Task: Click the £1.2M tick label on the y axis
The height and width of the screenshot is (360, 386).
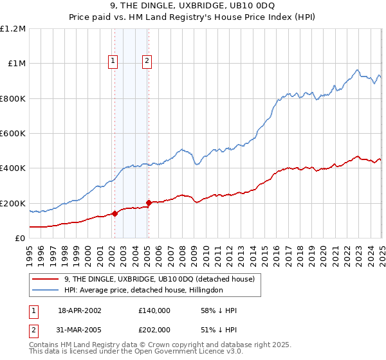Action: [13, 28]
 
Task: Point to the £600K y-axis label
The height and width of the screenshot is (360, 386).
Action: [13, 134]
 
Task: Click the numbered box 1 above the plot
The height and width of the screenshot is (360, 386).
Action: [113, 61]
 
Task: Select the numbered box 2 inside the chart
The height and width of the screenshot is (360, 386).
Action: [147, 61]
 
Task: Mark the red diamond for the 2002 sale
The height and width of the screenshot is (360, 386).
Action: [115, 214]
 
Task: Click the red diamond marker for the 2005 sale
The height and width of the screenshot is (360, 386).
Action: [149, 203]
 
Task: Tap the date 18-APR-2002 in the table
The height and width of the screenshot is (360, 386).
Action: [80, 310]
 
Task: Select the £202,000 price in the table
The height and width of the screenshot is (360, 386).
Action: [154, 329]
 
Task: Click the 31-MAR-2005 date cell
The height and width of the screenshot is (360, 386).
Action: [80, 329]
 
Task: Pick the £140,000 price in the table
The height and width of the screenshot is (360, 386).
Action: [154, 310]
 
